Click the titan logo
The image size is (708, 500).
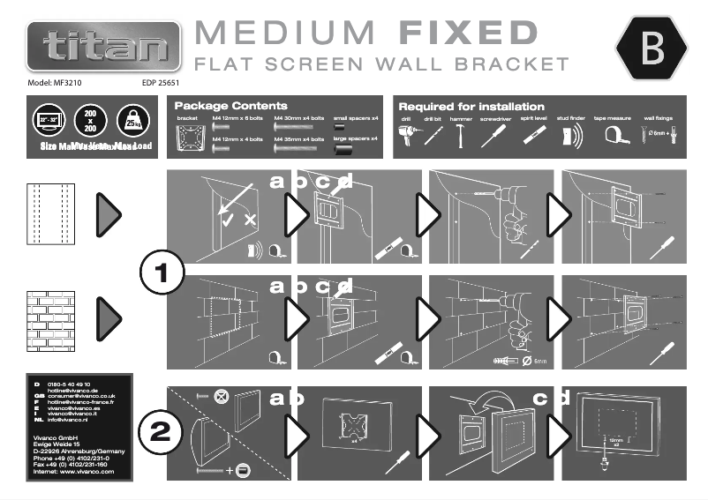[x=104, y=46]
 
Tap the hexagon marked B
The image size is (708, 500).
[x=652, y=49]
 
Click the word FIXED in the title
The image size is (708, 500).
[x=468, y=34]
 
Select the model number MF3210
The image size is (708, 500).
[x=61, y=83]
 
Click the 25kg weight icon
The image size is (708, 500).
[x=132, y=121]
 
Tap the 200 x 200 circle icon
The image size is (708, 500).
[x=90, y=121]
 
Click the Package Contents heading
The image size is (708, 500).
[x=231, y=105]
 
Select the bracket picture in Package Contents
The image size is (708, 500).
[x=190, y=138]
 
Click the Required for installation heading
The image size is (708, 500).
[x=471, y=106]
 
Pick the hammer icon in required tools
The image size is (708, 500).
[x=460, y=135]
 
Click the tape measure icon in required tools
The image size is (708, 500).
[x=613, y=135]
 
